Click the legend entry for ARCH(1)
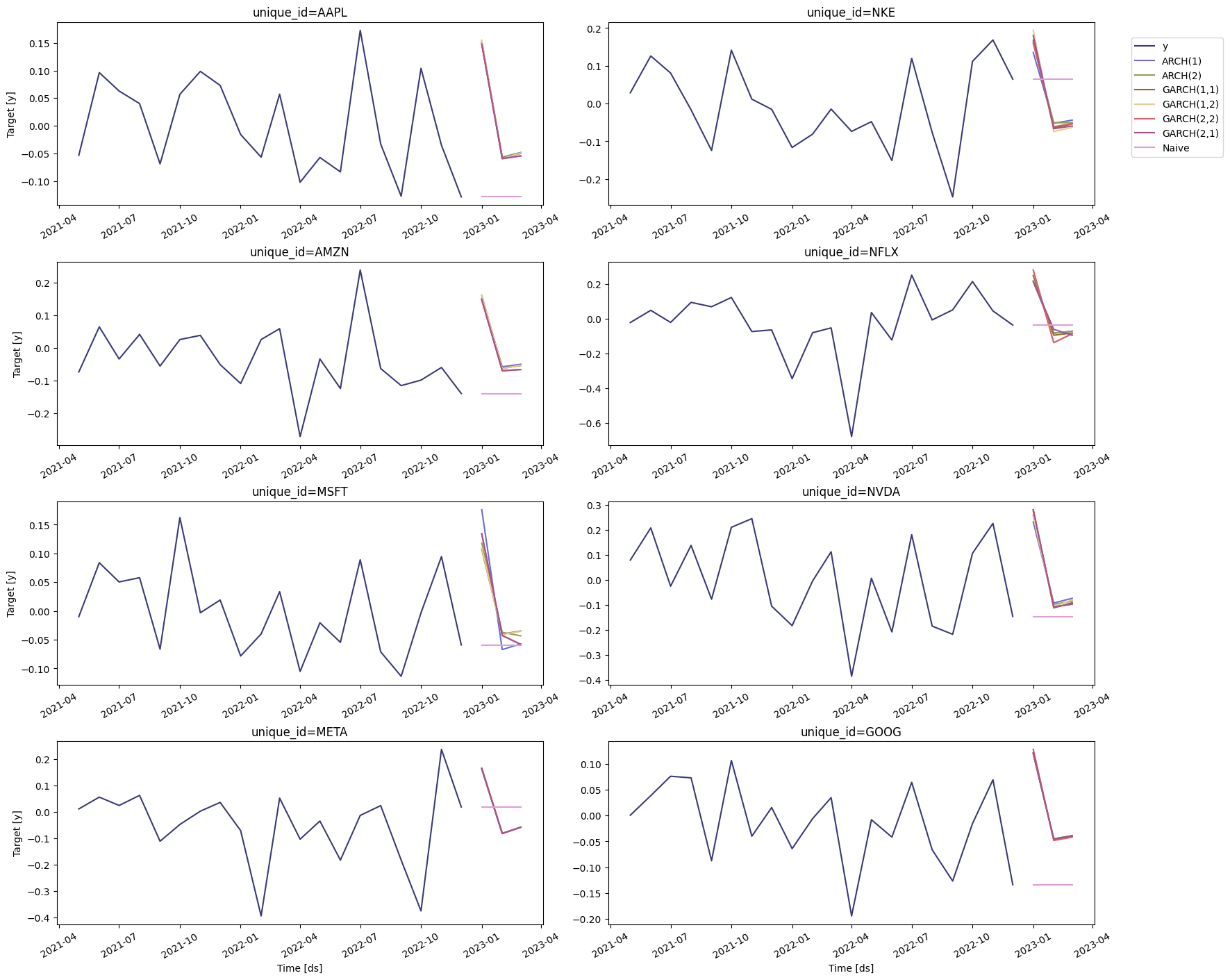click(1181, 61)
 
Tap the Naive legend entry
click(1175, 148)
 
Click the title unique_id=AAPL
click(300, 13)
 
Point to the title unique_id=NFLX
click(851, 252)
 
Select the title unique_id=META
click(299, 732)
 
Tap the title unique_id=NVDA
click(851, 492)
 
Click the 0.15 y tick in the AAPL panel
click(40, 44)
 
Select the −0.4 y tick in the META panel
click(40, 918)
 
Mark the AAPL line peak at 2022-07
click(360, 31)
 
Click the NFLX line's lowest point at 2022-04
click(851, 437)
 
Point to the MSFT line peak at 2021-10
click(180, 517)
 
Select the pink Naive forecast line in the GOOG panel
click(1053, 885)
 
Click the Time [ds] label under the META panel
click(299, 968)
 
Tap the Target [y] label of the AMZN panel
click(17, 354)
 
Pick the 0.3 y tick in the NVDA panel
click(595, 506)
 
